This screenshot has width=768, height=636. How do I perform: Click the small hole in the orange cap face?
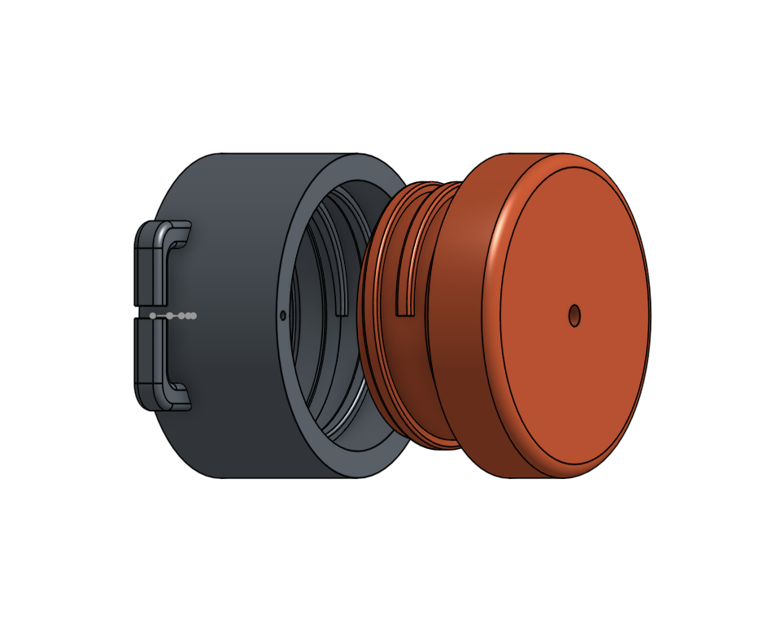tap(574, 316)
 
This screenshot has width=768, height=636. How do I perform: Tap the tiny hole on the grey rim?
tap(282, 315)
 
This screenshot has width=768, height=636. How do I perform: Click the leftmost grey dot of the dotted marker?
tap(152, 316)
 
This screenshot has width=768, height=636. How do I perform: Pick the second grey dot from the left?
tap(169, 316)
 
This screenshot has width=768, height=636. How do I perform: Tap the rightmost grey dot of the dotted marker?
tap(193, 316)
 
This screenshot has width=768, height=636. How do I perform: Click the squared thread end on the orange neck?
tap(404, 310)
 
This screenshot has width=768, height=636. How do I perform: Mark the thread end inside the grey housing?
tap(342, 309)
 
